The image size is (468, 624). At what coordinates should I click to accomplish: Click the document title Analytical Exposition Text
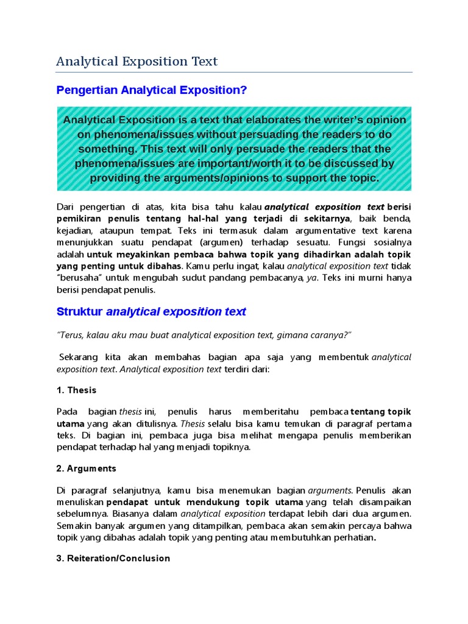(x=136, y=62)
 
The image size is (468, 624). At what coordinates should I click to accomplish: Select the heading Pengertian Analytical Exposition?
(x=151, y=90)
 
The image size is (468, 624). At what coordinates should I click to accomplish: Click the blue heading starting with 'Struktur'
(x=151, y=312)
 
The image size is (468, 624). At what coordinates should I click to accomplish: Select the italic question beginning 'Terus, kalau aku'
(x=204, y=336)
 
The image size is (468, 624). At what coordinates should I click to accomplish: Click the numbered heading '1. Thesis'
(x=76, y=390)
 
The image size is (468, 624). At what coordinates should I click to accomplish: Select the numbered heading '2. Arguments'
(x=86, y=469)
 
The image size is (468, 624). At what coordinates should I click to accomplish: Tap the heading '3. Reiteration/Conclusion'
(x=113, y=558)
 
